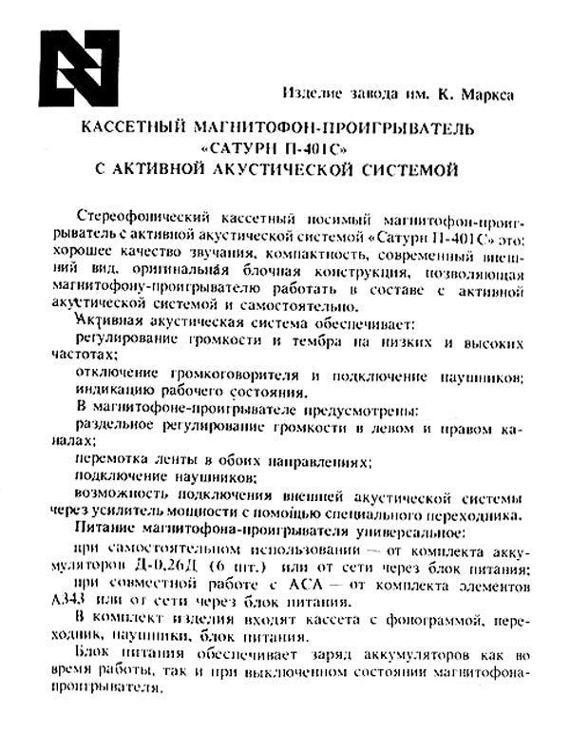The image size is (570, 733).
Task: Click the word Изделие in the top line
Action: pyautogui.click(x=314, y=94)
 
